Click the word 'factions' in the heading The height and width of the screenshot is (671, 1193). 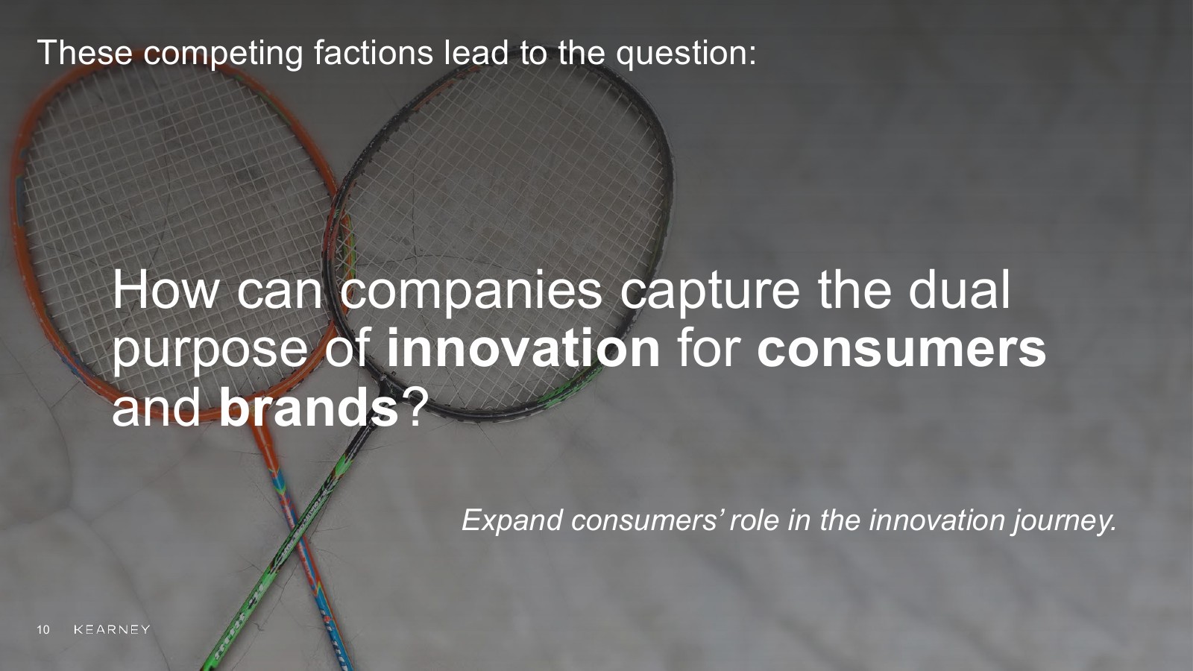(x=373, y=52)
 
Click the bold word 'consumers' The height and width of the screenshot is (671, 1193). (x=901, y=350)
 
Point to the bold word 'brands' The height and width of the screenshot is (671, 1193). (x=309, y=407)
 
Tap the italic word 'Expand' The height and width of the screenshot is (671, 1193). (x=512, y=521)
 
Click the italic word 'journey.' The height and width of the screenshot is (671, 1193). (x=1065, y=522)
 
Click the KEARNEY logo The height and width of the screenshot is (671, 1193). (x=112, y=629)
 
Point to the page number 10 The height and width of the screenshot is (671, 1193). (x=43, y=630)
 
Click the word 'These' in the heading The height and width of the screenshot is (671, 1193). (x=85, y=52)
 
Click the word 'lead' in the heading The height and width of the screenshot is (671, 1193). (x=476, y=52)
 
